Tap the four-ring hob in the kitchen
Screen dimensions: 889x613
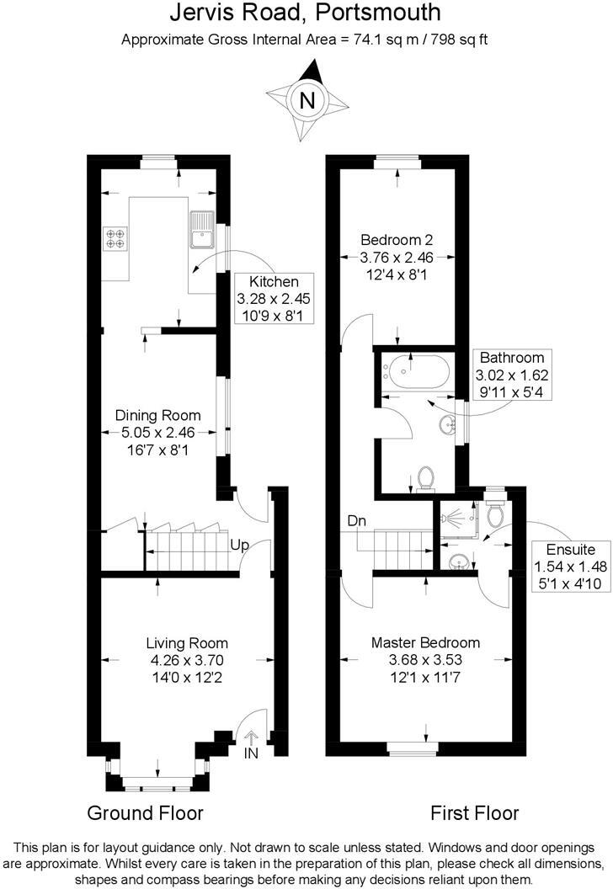(115, 238)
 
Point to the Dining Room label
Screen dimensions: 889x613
(158, 415)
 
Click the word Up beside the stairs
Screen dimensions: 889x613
(240, 546)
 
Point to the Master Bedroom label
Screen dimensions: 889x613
(425, 642)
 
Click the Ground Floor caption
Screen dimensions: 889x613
(145, 813)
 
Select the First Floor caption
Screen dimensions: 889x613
(474, 813)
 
